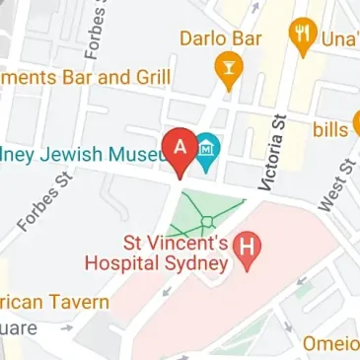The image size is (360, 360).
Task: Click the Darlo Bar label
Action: point(221,38)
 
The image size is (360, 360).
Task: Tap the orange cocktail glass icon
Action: point(228,70)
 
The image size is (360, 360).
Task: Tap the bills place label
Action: point(330,129)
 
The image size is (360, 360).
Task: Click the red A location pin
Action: point(180,150)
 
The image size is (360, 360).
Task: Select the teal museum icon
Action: point(209,150)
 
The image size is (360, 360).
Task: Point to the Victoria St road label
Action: point(269,153)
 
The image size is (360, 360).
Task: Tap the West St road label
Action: point(336,185)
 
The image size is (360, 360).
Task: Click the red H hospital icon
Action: point(252,252)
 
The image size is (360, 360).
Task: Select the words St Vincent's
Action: point(175,242)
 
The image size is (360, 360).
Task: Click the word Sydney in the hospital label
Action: point(195,262)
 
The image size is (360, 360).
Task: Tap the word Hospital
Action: point(121,262)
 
